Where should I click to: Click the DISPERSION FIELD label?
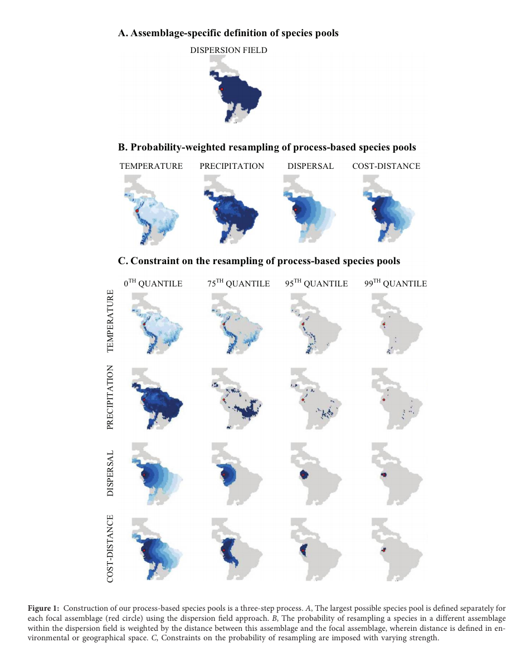click(228, 50)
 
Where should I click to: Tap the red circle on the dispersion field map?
click(221, 89)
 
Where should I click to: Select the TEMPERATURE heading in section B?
click(151, 166)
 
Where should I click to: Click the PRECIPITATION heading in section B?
click(232, 166)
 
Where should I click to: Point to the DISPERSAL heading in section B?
click(310, 166)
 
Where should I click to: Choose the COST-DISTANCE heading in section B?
click(386, 166)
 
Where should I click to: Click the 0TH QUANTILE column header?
click(153, 283)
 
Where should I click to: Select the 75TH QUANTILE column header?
click(238, 283)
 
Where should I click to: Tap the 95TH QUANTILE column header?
click(317, 283)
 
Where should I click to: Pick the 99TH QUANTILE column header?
click(396, 283)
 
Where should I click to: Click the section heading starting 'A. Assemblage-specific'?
click(228, 33)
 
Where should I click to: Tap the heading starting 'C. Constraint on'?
click(259, 261)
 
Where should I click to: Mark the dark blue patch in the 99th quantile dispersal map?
click(384, 474)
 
